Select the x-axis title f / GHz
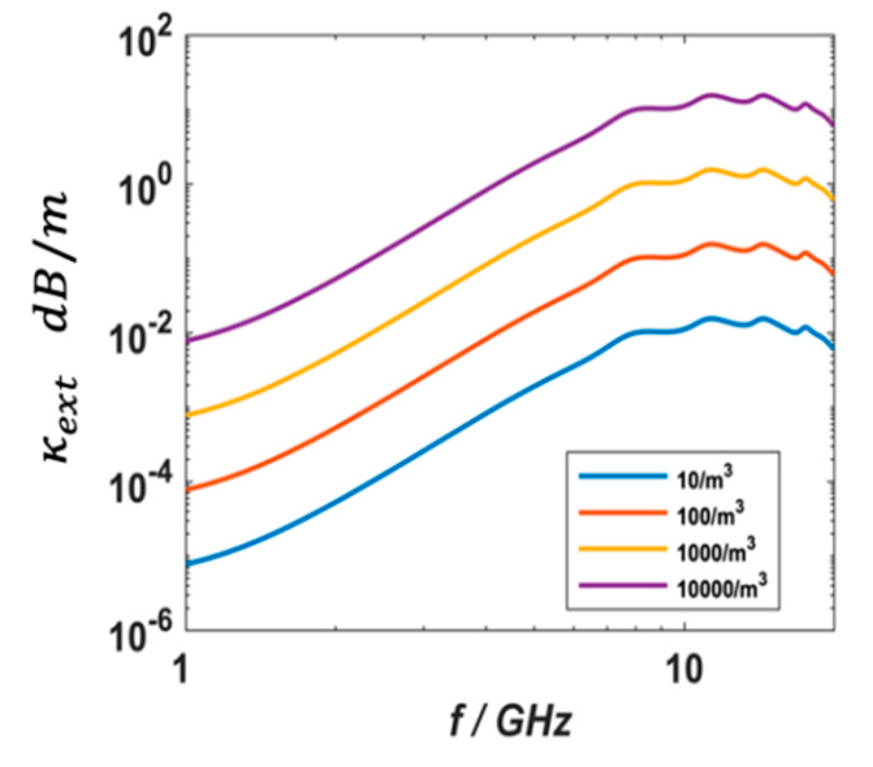[511, 721]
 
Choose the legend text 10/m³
[706, 477]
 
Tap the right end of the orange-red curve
[833, 273]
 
